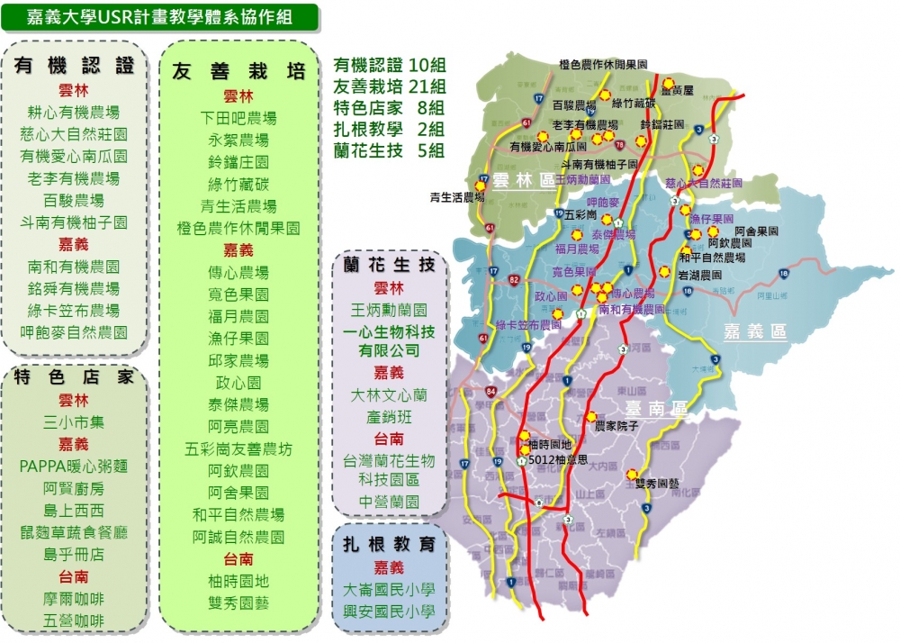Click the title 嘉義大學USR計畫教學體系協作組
(x=159, y=16)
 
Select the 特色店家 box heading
(x=75, y=377)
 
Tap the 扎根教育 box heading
(x=389, y=544)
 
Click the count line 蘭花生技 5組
(x=389, y=150)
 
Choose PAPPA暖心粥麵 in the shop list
(x=74, y=466)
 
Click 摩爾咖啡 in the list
(x=74, y=598)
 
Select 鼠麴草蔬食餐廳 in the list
(x=74, y=532)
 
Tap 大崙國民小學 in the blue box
(x=389, y=591)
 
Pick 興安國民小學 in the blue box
(x=389, y=612)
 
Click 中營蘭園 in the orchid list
(x=389, y=502)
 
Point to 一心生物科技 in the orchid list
(x=389, y=331)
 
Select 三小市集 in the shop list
(x=74, y=421)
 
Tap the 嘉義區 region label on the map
(x=755, y=331)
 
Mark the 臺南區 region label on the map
(x=654, y=410)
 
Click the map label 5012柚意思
(x=558, y=459)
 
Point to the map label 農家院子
(x=617, y=426)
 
